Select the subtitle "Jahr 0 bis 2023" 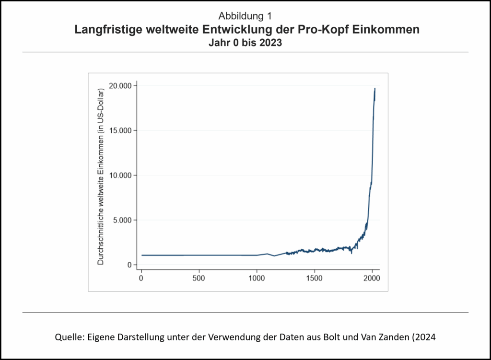pos(245,42)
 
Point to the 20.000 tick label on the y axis pos(119,86)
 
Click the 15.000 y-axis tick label pos(119,130)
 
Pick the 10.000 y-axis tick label pos(119,175)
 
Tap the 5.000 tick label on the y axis pos(121,221)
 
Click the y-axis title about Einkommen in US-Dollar pos(101,176)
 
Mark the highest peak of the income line pos(374,89)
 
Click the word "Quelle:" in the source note pos(68,337)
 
